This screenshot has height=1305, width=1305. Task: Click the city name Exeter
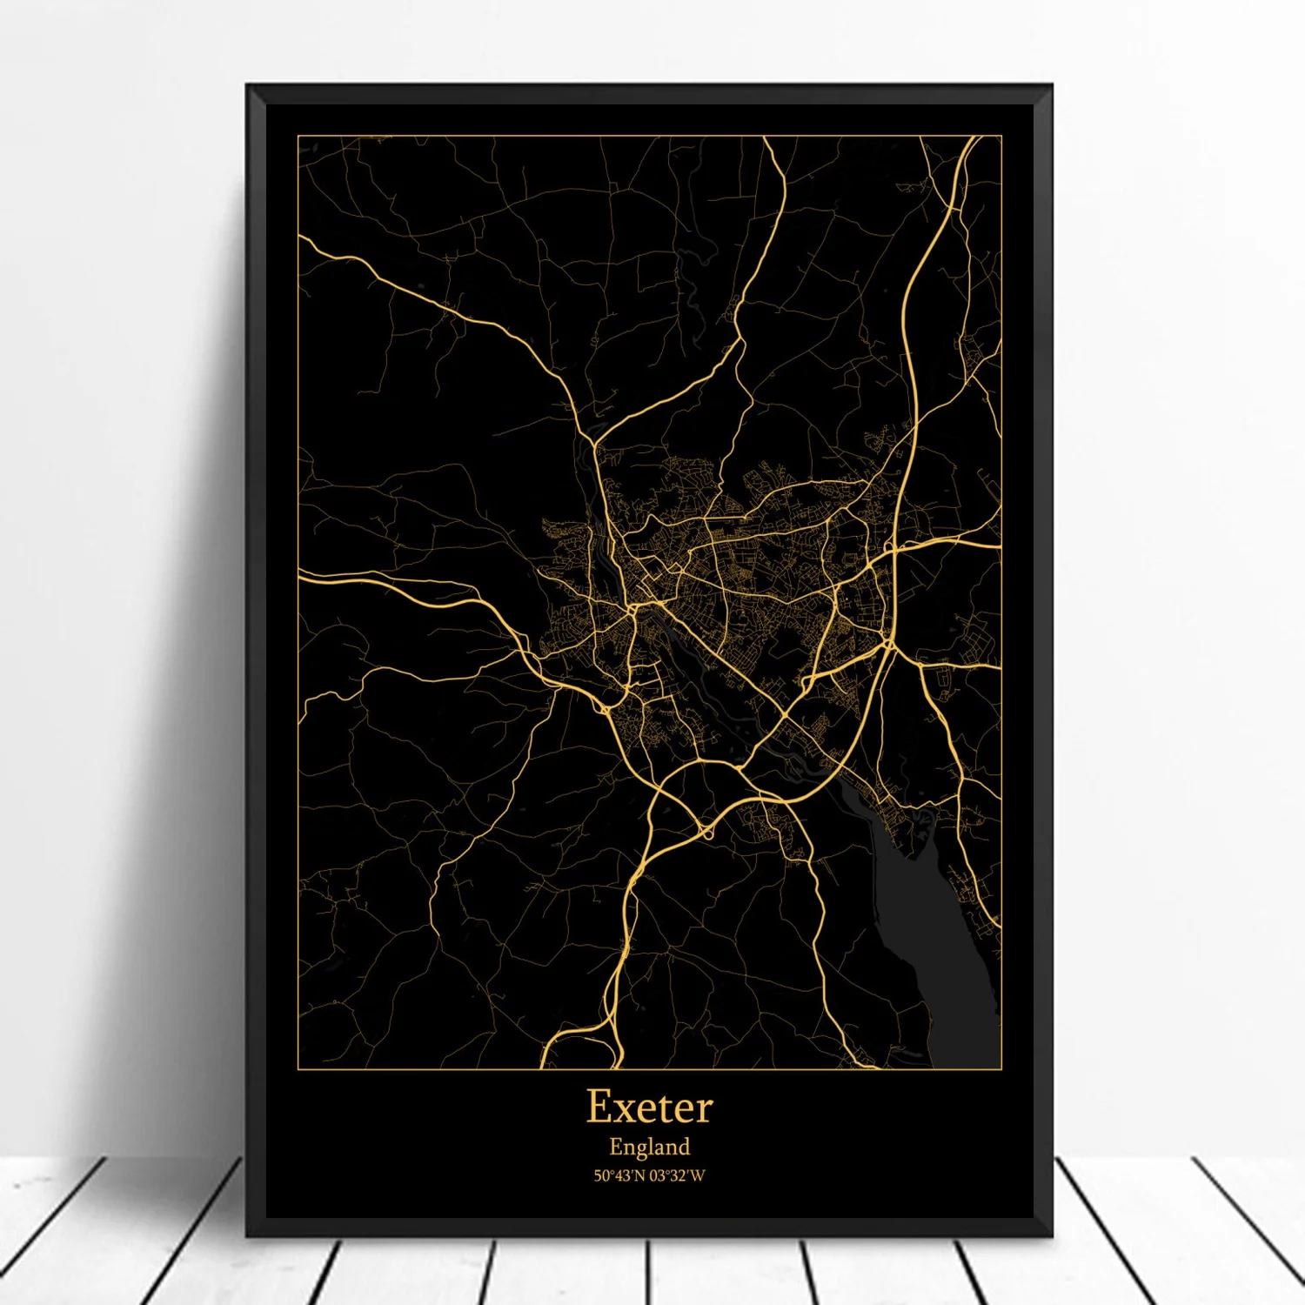649,1108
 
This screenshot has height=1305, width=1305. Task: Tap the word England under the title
649,1148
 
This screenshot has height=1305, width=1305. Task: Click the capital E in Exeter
599,1107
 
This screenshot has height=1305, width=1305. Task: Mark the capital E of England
616,1147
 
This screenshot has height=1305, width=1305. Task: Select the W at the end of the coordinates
698,1176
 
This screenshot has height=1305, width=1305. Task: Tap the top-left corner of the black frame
248,86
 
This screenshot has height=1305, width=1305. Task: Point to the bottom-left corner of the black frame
248,1235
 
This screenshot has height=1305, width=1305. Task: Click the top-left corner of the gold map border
298,136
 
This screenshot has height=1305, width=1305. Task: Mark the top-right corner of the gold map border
1001,136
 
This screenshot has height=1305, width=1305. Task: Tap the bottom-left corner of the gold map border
298,1068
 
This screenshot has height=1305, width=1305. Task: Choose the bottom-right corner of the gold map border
1001,1068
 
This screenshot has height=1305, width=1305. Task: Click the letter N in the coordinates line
639,1176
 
